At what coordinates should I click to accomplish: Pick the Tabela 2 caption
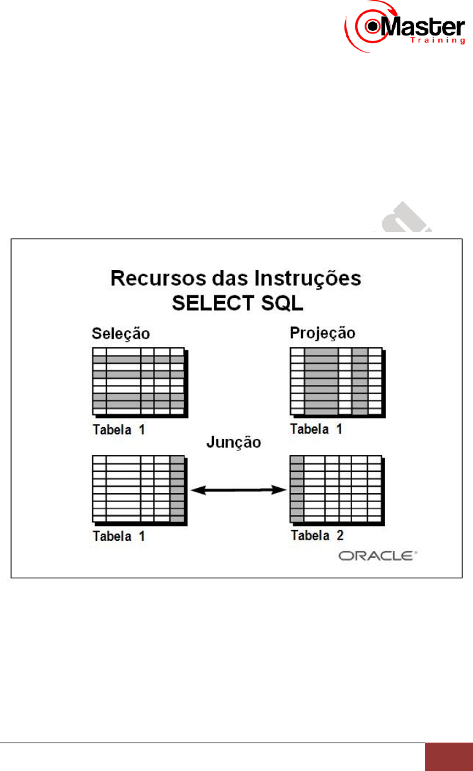pos(317,535)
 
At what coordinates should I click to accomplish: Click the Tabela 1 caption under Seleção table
pos(120,428)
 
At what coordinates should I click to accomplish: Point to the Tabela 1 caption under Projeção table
pos(317,428)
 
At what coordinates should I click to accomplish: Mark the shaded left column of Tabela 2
pos(297,489)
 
